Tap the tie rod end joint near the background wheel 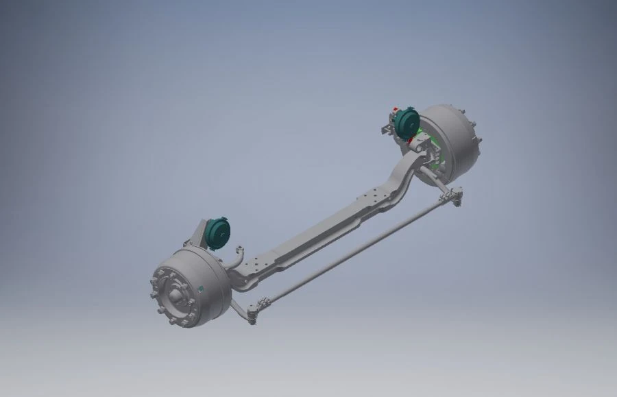click(452, 198)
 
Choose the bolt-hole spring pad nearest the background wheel click(374, 199)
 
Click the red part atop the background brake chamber click(396, 109)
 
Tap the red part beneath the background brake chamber click(411, 141)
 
